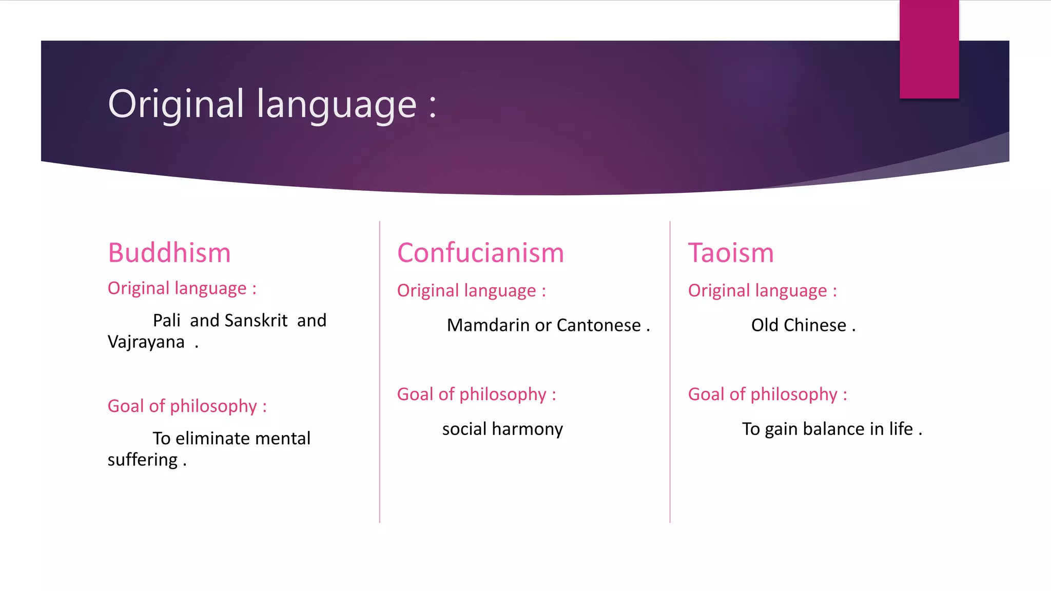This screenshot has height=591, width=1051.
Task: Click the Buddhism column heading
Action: tap(169, 253)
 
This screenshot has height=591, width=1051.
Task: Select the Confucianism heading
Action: tap(480, 253)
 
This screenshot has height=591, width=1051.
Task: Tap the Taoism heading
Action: tap(730, 253)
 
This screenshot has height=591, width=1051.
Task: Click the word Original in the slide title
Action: tap(176, 104)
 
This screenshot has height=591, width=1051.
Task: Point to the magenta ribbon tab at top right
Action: tap(929, 49)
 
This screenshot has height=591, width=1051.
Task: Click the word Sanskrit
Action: tap(256, 321)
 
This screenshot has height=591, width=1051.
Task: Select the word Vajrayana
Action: tap(146, 342)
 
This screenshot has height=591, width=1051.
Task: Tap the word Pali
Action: tap(166, 321)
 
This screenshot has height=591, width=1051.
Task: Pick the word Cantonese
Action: tap(598, 325)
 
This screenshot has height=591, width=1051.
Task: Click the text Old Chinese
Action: tap(799, 325)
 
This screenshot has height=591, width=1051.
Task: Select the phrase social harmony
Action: tap(502, 429)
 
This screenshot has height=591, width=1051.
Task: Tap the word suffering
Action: tap(142, 460)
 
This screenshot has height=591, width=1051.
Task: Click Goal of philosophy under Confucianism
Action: tap(476, 395)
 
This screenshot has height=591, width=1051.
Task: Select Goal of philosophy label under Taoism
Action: tap(767, 395)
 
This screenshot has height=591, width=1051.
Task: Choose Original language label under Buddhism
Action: tap(182, 288)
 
